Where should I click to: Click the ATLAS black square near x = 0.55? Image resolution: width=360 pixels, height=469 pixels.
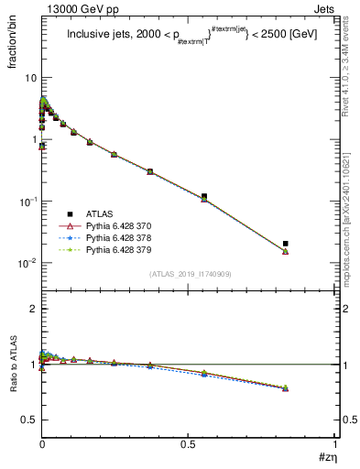click(204, 196)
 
